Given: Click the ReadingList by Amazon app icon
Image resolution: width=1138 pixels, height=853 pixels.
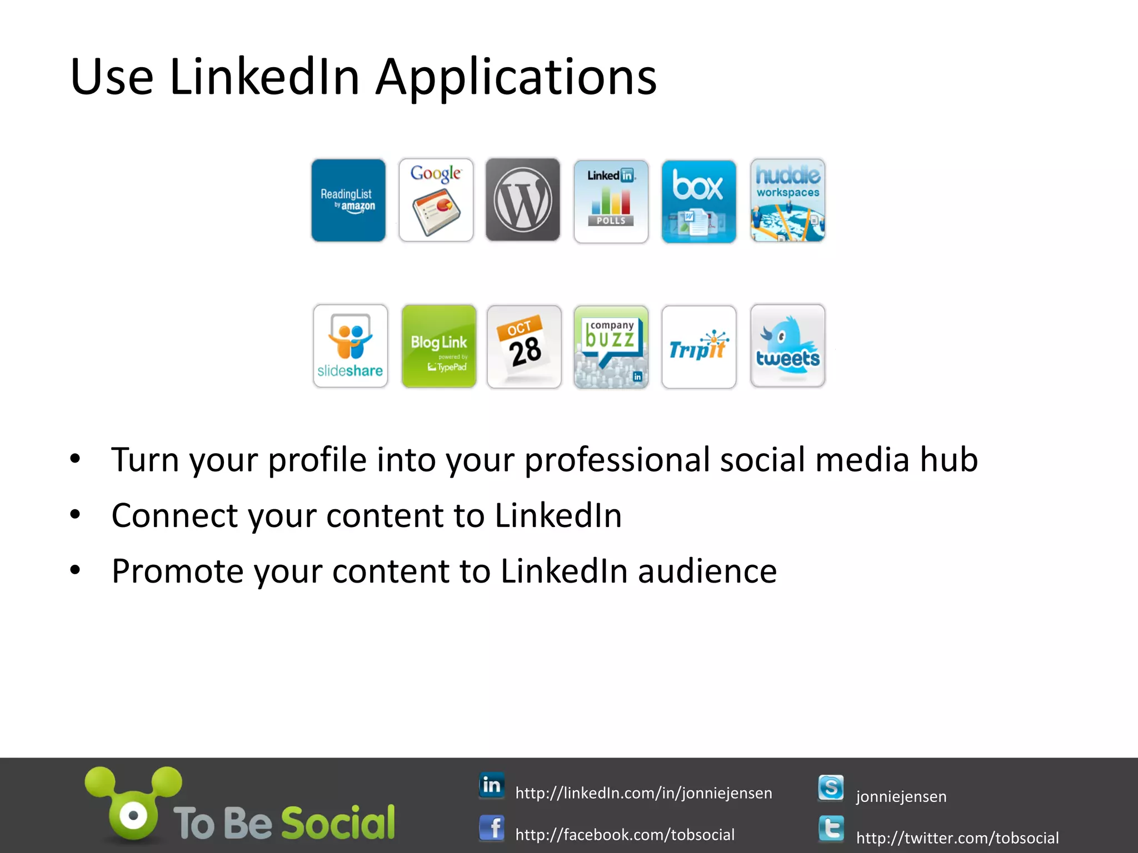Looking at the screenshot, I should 348,200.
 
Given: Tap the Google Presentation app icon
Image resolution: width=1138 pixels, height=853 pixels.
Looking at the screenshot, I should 436,200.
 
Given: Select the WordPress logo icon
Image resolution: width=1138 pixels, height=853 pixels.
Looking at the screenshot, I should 523,200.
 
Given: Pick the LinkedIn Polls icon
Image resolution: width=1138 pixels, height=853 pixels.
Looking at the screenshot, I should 611,201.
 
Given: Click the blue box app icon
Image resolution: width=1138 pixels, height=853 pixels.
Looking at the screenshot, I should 698,202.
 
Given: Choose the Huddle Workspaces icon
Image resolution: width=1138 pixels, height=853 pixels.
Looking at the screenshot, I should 787,200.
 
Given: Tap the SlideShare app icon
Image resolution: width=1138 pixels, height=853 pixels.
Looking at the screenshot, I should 350,346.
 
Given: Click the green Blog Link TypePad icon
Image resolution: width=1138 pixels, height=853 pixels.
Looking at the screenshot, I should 439,346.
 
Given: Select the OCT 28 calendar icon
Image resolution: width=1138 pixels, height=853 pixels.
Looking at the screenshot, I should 524,347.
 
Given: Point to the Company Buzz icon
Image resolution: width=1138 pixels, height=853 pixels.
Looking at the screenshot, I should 611,347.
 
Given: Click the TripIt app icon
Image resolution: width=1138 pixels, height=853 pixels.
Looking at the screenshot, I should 698,347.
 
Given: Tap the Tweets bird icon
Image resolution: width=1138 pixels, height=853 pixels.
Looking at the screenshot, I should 787,345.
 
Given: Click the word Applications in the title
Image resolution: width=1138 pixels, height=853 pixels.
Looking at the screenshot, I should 516,77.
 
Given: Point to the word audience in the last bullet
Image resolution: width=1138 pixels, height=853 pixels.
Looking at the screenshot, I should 707,571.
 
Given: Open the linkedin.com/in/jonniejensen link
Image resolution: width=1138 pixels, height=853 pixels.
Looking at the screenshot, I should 643,793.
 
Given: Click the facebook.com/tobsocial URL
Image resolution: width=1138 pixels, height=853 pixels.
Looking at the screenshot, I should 625,835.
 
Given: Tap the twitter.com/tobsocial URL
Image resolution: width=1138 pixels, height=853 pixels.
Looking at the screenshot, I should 957,837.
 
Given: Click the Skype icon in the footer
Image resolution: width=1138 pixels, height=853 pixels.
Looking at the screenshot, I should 831,788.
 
